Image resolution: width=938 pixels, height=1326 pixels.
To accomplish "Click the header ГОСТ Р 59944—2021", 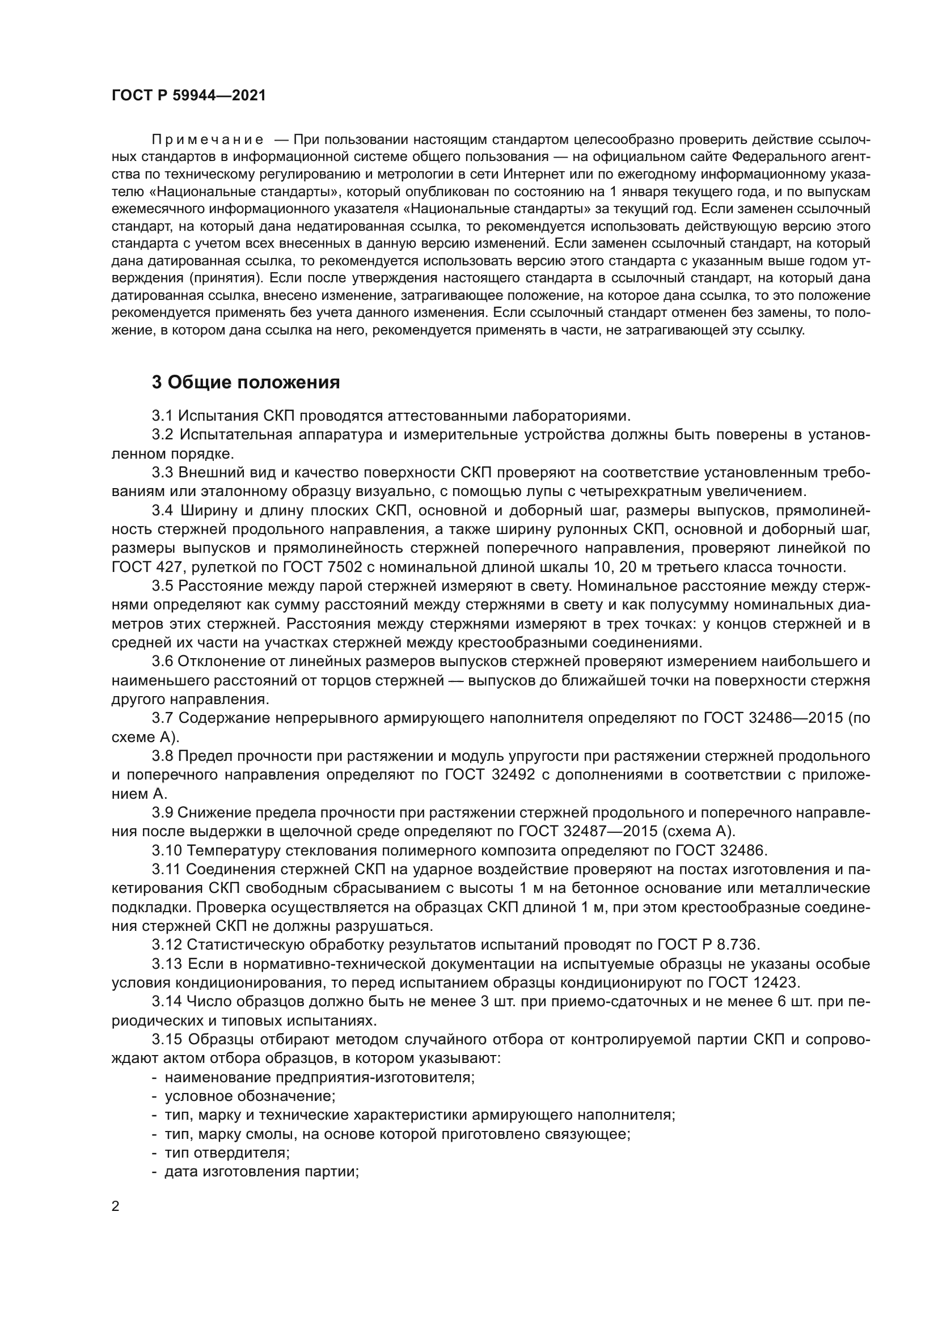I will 189,96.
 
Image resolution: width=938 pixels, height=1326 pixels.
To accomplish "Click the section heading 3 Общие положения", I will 246,382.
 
